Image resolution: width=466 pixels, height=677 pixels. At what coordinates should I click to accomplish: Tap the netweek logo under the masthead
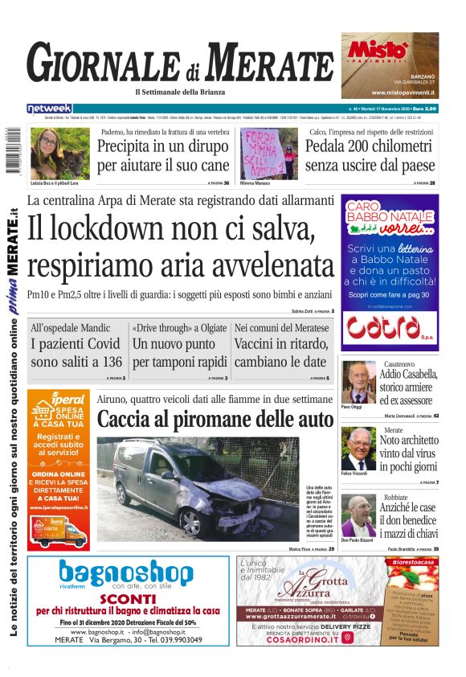pos(49,109)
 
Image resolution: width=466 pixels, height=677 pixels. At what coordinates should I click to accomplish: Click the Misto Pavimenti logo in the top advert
pos(377,49)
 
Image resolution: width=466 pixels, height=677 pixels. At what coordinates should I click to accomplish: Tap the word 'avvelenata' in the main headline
pos(272,265)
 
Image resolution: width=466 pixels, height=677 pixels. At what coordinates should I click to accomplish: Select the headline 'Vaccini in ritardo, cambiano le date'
pos(281,353)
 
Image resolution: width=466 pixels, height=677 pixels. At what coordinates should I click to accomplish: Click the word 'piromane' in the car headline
pos(234,420)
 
